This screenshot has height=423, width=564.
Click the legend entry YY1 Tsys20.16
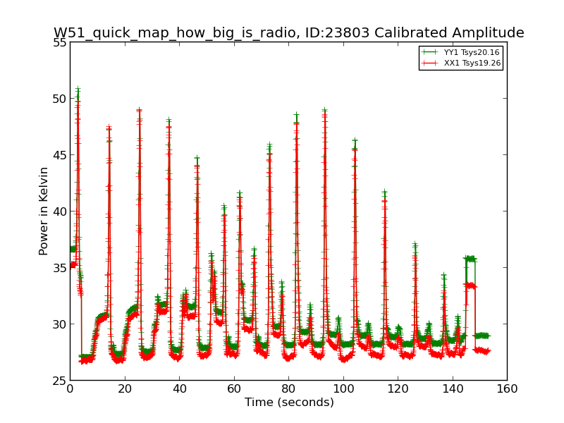pos(461,52)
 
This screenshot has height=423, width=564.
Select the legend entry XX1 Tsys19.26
pos(461,63)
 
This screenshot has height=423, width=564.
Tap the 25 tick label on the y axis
pos(59,381)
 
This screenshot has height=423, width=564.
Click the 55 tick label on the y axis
pos(59,42)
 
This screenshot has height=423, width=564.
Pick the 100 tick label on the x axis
pos(343,389)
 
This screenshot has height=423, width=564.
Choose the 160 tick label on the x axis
pos(507,389)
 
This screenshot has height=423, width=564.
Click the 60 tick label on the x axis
pos(234,389)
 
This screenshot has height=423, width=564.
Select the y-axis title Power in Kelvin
pos(44,211)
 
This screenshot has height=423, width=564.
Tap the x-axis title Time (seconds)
pos(289,402)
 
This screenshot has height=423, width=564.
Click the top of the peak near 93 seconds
pos(325,109)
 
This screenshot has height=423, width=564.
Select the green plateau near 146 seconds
pos(470,259)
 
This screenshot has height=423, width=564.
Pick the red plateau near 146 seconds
pos(471,286)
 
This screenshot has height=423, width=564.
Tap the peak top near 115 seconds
pos(385,191)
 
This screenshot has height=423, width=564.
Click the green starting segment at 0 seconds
pos(73,249)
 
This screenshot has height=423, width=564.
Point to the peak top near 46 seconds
pos(197,158)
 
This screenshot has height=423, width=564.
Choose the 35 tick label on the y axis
pos(59,268)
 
